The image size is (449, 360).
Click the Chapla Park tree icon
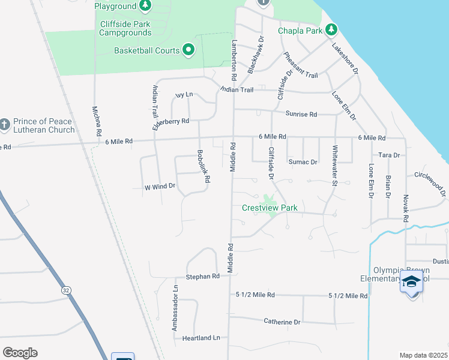[x=331, y=30]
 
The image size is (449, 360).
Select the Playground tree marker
[x=145, y=6]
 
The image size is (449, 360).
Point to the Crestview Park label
[x=270, y=208]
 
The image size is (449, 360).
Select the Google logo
[x=20, y=353]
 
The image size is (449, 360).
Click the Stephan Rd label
[x=203, y=277]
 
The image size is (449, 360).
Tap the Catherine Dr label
[x=282, y=322]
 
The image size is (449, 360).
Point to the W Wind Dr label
[x=160, y=187]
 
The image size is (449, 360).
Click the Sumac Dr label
[x=303, y=162]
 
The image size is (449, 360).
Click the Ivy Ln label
[x=184, y=95]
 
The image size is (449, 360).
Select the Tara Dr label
[x=389, y=155]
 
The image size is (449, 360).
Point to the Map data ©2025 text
[x=424, y=355]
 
